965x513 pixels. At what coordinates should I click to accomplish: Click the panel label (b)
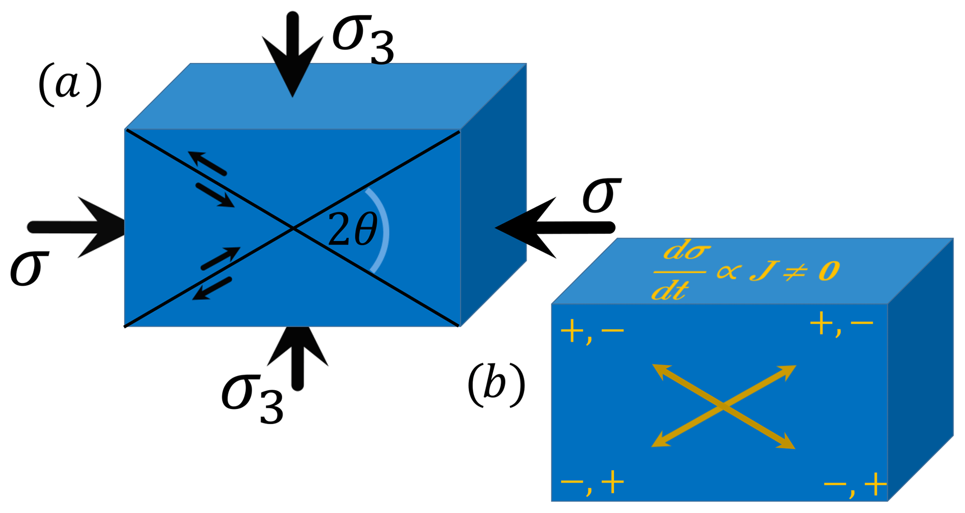pyautogui.click(x=496, y=385)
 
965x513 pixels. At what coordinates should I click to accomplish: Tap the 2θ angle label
pyautogui.click(x=352, y=229)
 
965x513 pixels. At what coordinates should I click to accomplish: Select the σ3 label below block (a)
pyautogui.click(x=253, y=399)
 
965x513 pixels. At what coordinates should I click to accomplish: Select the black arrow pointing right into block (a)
pyautogui.click(x=79, y=227)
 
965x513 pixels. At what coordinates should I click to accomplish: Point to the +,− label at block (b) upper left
pyautogui.click(x=592, y=332)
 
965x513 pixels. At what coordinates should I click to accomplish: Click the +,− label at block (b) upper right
pyautogui.click(x=841, y=324)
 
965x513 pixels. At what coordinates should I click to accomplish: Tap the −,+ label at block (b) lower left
pyautogui.click(x=592, y=483)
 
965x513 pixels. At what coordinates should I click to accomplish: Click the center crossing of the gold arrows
pyautogui.click(x=723, y=407)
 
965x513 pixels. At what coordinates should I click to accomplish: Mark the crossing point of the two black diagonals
pyautogui.click(x=293, y=228)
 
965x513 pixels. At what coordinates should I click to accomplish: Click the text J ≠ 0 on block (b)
pyautogui.click(x=794, y=271)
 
